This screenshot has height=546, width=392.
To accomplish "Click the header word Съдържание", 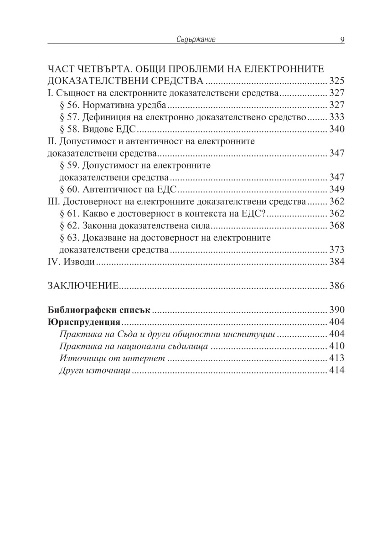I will tap(196, 40).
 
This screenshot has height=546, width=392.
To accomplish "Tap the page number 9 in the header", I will tap(342, 40).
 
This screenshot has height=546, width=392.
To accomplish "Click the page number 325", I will tap(336, 82).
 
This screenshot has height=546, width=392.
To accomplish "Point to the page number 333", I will tap(336, 117).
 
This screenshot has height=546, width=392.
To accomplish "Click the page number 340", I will tap(336, 129).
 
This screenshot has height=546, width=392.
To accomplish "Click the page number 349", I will tap(336, 189).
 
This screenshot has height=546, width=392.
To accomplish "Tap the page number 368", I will tap(336, 225).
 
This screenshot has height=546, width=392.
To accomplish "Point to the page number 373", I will tap(336, 249).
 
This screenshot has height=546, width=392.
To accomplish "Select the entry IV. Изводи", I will tap(71, 262).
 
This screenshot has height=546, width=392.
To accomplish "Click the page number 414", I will tap(336, 370).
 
